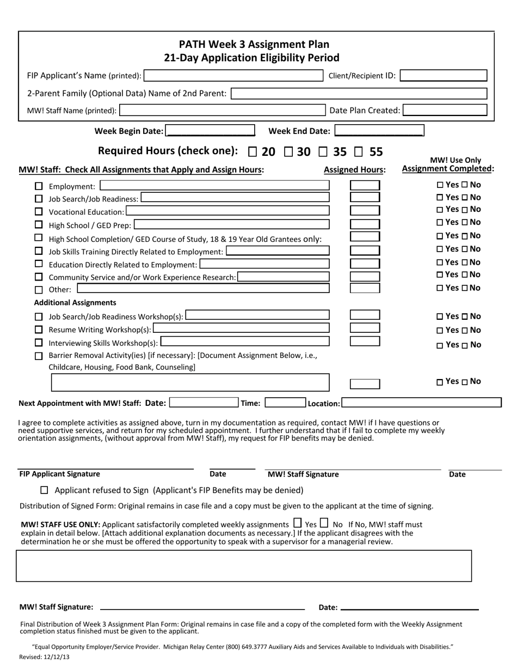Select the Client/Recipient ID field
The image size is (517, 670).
pos(443,76)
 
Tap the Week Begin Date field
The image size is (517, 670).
pos(210,131)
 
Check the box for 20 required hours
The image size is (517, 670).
pos(253,151)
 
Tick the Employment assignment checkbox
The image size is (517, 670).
pos(39,186)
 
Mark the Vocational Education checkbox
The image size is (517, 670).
pos(39,211)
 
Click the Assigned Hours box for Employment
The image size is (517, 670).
pos(365,186)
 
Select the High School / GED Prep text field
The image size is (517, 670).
pos(231,224)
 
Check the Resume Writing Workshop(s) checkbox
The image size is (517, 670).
pos(39,330)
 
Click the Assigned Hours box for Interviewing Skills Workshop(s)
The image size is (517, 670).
pos(365,342)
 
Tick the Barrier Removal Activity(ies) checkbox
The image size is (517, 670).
pos(39,356)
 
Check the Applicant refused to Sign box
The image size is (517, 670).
pos(45,490)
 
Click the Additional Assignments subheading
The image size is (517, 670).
pos(75,302)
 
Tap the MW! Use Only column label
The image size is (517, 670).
pos(456,160)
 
